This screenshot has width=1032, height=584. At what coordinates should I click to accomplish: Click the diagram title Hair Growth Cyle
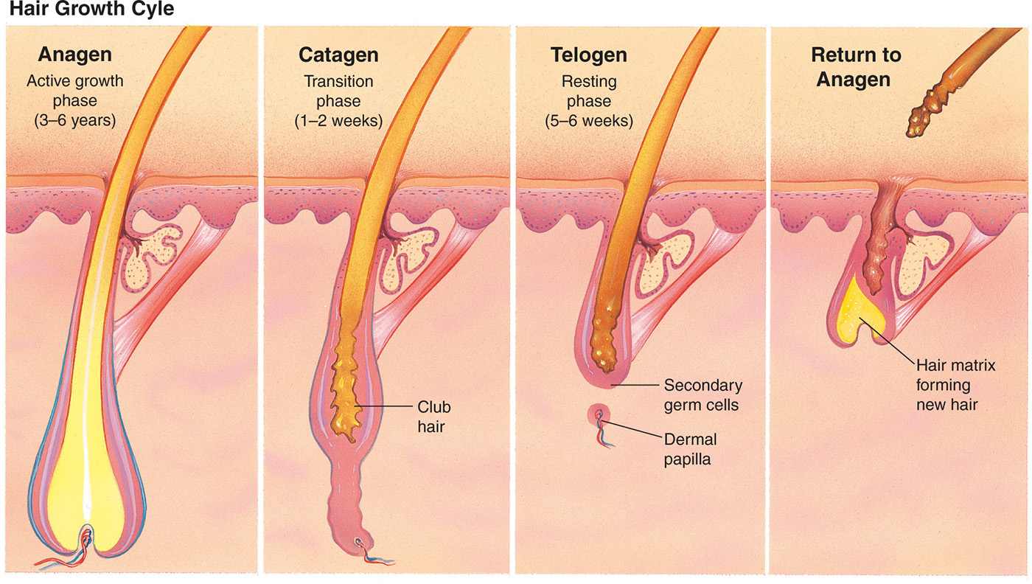pyautogui.click(x=91, y=10)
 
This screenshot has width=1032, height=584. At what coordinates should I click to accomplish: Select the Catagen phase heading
pyautogui.click(x=338, y=55)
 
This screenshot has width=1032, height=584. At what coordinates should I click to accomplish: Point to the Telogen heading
pyautogui.click(x=589, y=55)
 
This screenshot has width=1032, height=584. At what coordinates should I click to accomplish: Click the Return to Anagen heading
pyautogui.click(x=856, y=67)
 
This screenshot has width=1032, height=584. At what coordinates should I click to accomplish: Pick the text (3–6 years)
pyautogui.click(x=74, y=120)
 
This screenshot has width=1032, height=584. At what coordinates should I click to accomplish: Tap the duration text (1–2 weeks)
pyautogui.click(x=339, y=120)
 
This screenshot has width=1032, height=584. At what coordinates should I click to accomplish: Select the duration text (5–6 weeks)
pyautogui.click(x=590, y=120)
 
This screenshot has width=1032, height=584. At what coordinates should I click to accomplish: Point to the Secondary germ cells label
pyautogui.click(x=702, y=395)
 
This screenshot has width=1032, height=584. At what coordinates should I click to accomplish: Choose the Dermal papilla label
pyautogui.click(x=690, y=449)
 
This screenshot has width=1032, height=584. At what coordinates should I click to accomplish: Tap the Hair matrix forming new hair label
pyautogui.click(x=955, y=385)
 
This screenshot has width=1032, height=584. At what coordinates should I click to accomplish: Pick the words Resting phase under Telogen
pyautogui.click(x=589, y=91)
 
